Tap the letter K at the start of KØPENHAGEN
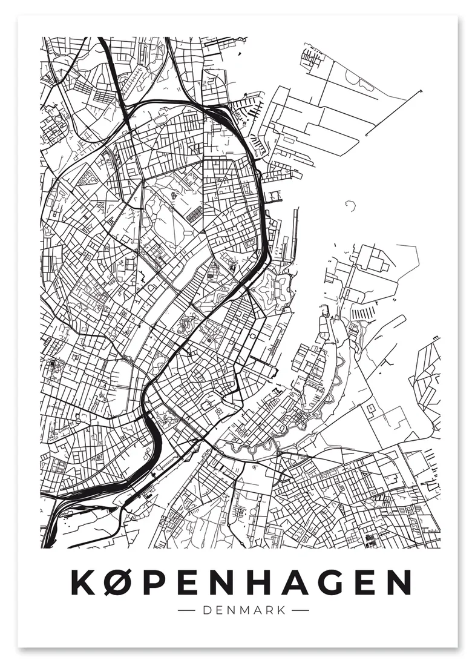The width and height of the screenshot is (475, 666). [x=83, y=582]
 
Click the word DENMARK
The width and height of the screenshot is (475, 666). [x=245, y=611]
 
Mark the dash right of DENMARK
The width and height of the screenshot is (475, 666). [x=300, y=611]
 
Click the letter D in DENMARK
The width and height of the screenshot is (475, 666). [x=206, y=611]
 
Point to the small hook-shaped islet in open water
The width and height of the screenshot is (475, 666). [x=350, y=206]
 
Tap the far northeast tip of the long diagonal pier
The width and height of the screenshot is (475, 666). [x=420, y=90]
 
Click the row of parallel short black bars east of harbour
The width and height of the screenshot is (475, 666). [x=364, y=314]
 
